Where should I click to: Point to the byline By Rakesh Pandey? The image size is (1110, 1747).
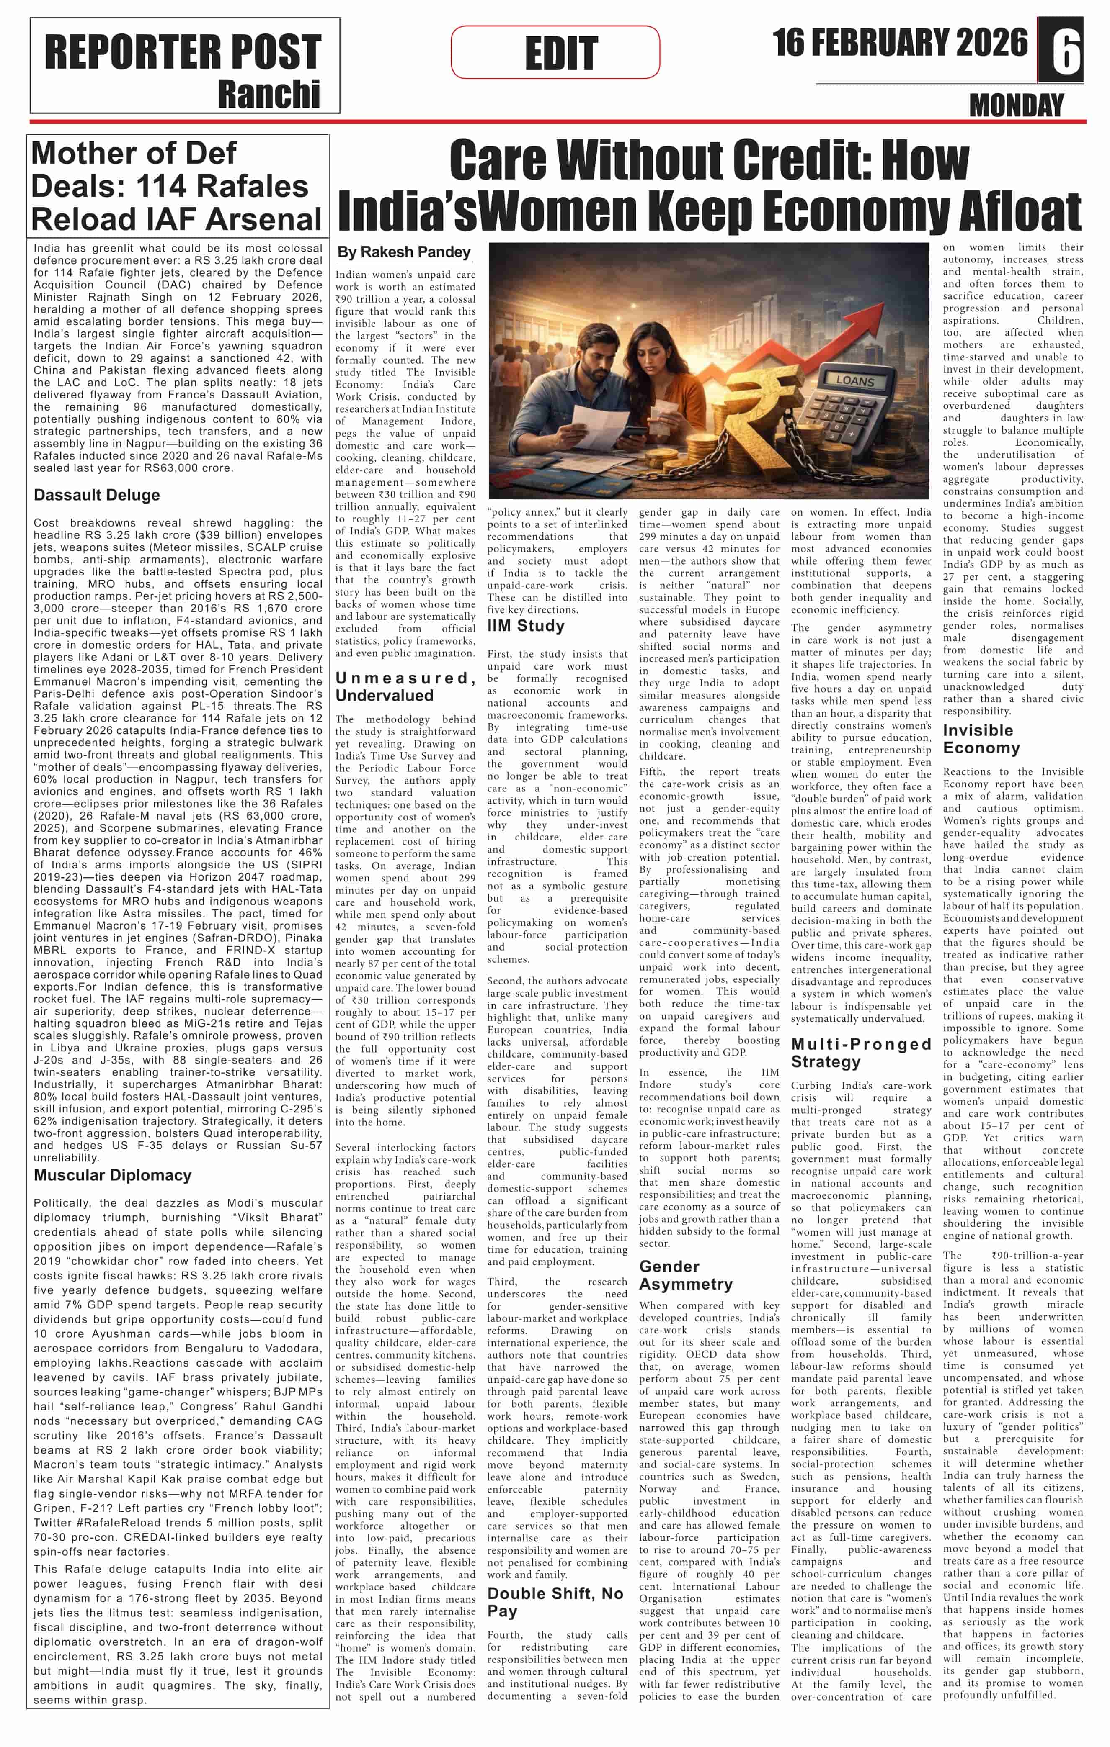coord(404,252)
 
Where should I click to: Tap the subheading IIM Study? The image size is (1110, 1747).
coord(526,625)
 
